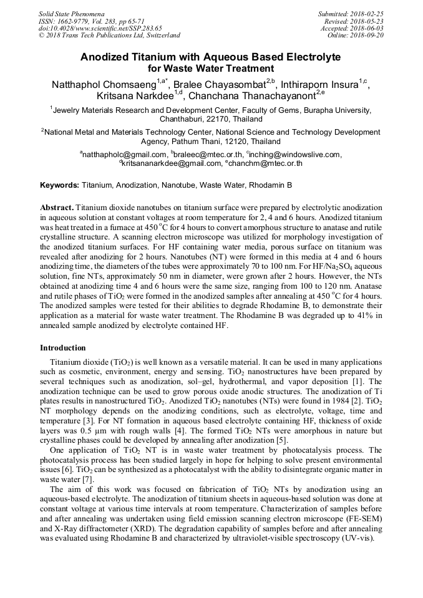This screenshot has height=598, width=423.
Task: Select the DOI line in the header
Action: pos(100,28)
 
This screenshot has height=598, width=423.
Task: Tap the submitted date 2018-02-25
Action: pos(367,13)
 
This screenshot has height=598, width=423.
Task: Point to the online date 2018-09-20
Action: pos(367,36)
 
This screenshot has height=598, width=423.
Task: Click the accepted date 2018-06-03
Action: pos(367,28)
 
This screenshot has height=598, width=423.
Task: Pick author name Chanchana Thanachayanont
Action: pos(253,97)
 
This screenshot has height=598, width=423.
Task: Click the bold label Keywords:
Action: pos(59,185)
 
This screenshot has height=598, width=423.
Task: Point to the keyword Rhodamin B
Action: pos(270,185)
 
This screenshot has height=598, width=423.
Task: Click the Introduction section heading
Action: pos(62,347)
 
